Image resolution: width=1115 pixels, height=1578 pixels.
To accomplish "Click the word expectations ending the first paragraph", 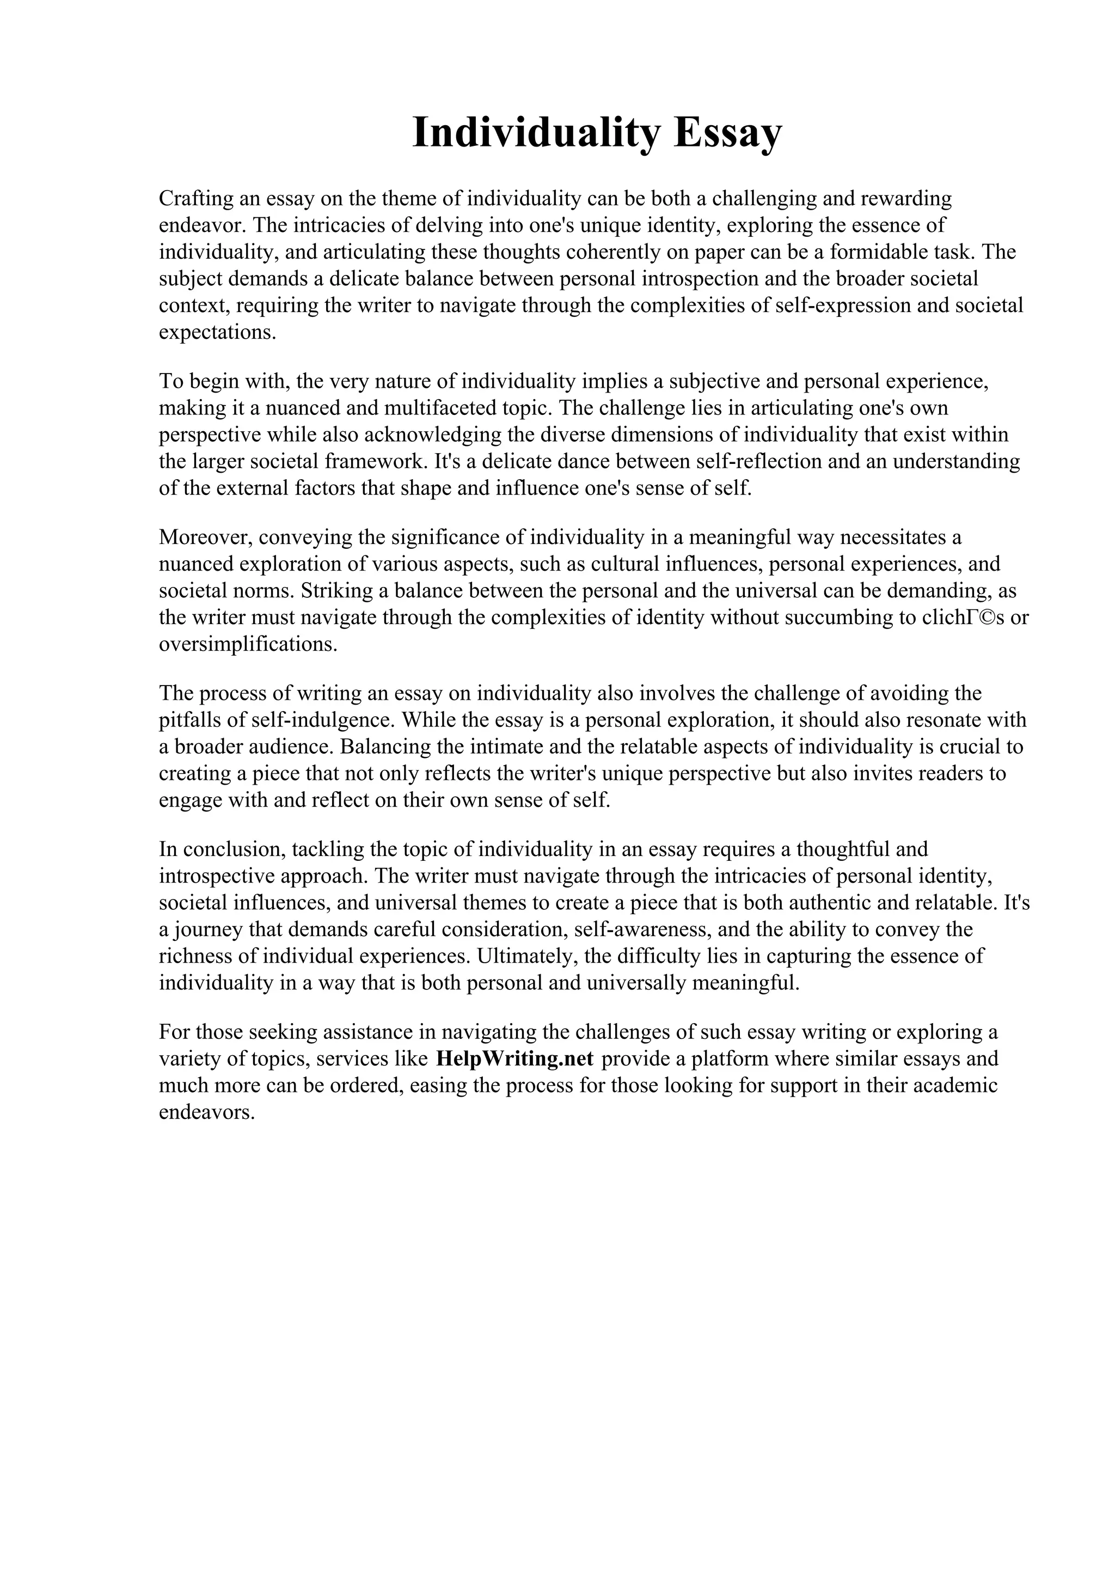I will (217, 333).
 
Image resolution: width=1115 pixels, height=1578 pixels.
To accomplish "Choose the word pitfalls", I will (186, 720).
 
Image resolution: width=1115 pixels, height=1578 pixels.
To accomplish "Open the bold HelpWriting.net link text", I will (514, 1059).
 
